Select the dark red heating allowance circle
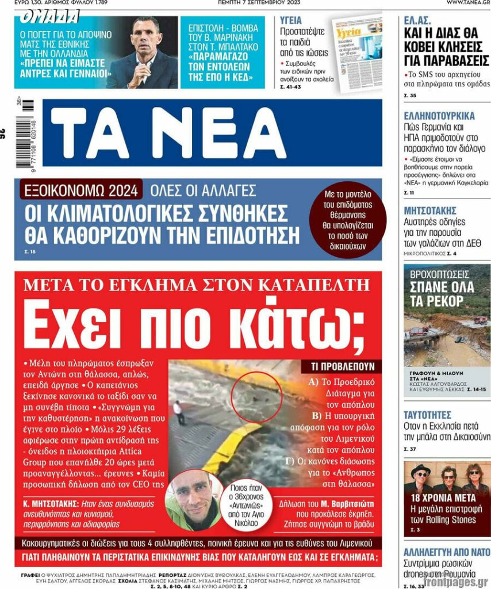tap(348, 219)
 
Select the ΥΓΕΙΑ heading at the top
tap(290, 20)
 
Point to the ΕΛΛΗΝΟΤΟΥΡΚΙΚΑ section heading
tap(439, 115)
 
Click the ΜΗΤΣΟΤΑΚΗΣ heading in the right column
tap(430, 210)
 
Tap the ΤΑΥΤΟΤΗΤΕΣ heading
tap(427, 415)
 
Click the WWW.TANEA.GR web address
tap(467, 3)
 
